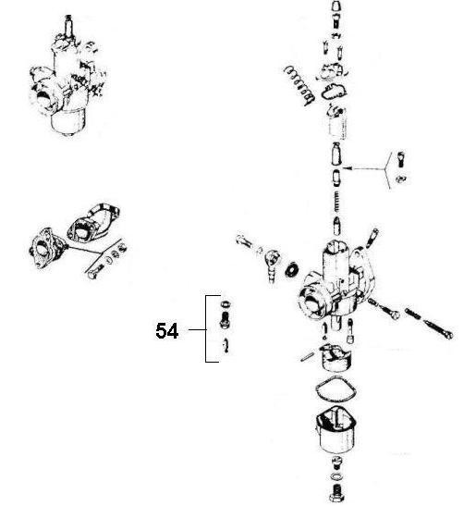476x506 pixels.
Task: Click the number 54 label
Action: point(167,329)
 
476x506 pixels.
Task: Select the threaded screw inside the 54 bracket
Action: point(224,322)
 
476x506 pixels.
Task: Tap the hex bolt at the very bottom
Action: point(336,488)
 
